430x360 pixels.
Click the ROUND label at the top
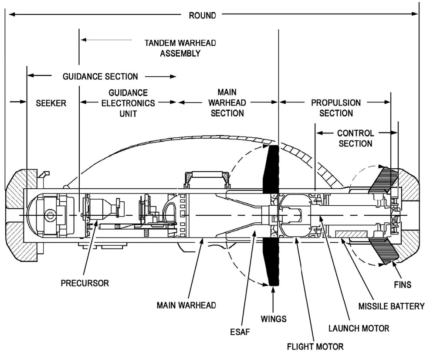(x=202, y=15)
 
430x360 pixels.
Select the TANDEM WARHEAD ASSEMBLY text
(x=180, y=48)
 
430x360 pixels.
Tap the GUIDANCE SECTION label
(x=100, y=77)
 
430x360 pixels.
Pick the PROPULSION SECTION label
(x=336, y=108)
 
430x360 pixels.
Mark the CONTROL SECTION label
(x=355, y=138)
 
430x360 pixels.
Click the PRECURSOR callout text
(x=85, y=283)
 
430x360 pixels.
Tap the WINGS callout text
(x=274, y=319)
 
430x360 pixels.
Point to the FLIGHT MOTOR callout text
(x=315, y=347)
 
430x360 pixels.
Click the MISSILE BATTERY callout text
(x=391, y=306)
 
